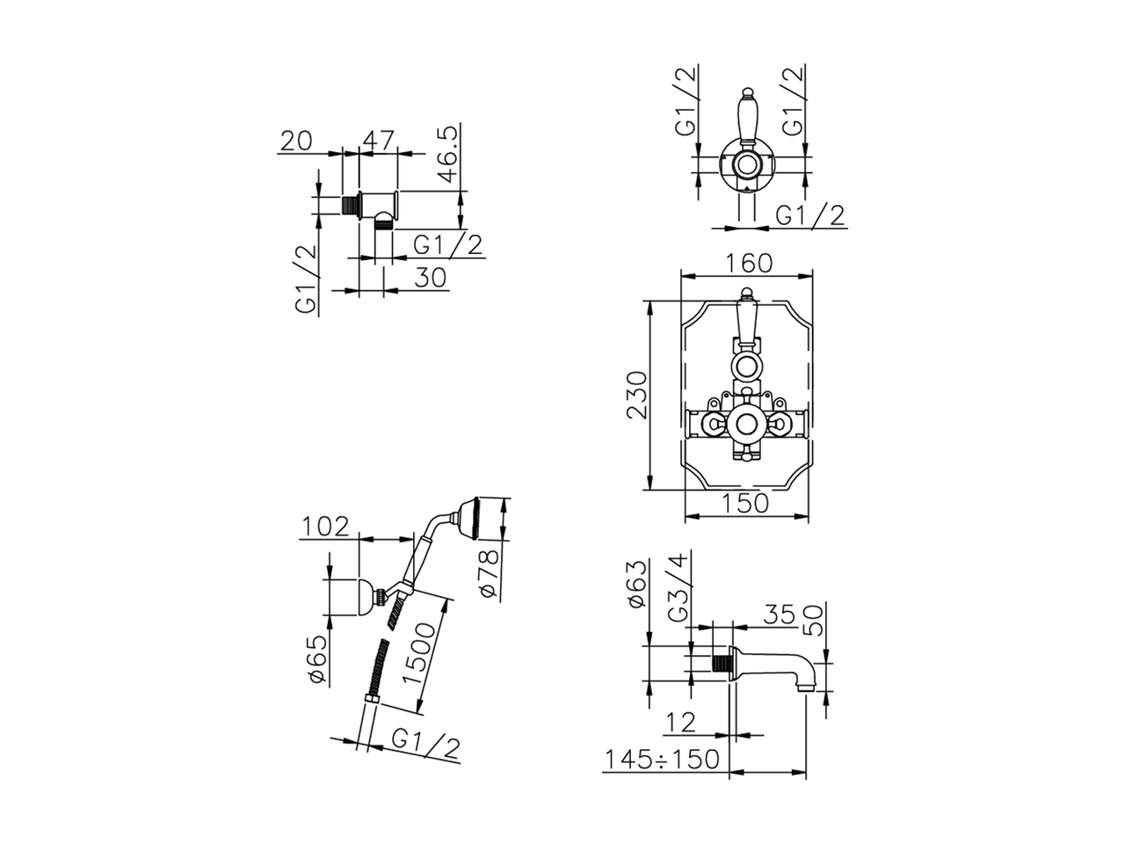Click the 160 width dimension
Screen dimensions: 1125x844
coord(749,264)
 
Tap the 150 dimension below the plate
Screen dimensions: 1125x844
coord(745,503)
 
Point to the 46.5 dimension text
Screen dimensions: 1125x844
coord(449,154)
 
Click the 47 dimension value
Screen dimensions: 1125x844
coord(379,140)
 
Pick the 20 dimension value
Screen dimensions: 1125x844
coord(295,141)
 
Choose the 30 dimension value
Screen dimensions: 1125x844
coord(431,278)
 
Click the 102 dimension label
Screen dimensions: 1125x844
coord(325,527)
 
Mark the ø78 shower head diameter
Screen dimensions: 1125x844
coord(489,573)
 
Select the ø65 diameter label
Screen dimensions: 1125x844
coord(317,659)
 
